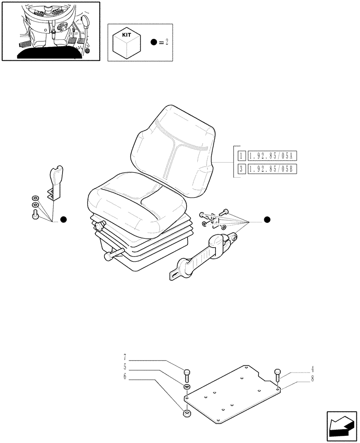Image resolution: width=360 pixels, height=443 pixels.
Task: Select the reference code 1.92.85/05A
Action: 272,156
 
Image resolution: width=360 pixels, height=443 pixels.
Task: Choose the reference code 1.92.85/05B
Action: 272,169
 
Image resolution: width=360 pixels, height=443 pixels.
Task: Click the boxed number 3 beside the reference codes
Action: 241,169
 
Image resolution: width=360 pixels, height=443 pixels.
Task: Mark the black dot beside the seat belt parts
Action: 266,220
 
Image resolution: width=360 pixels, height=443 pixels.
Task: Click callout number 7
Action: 125,357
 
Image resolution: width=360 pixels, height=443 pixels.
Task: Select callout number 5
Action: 125,366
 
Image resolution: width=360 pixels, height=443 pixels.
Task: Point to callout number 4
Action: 312,368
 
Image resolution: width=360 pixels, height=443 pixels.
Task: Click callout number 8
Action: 312,378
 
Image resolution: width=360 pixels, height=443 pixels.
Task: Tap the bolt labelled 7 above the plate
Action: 187,374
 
